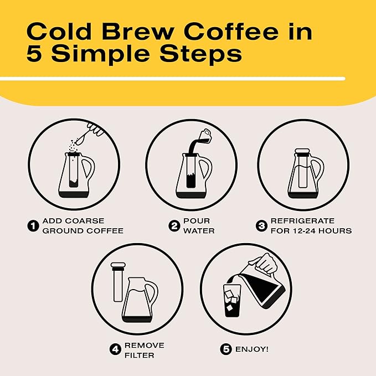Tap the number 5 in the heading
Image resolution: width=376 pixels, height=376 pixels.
[35, 55]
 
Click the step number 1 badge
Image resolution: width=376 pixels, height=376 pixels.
[33, 225]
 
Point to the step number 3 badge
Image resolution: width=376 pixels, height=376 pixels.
[261, 225]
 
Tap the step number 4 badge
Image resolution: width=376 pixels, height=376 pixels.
[115, 349]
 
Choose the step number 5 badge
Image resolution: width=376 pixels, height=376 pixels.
[225, 349]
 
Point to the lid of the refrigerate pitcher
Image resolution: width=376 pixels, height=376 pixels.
[302, 151]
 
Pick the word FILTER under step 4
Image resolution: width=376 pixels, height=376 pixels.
[139, 355]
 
